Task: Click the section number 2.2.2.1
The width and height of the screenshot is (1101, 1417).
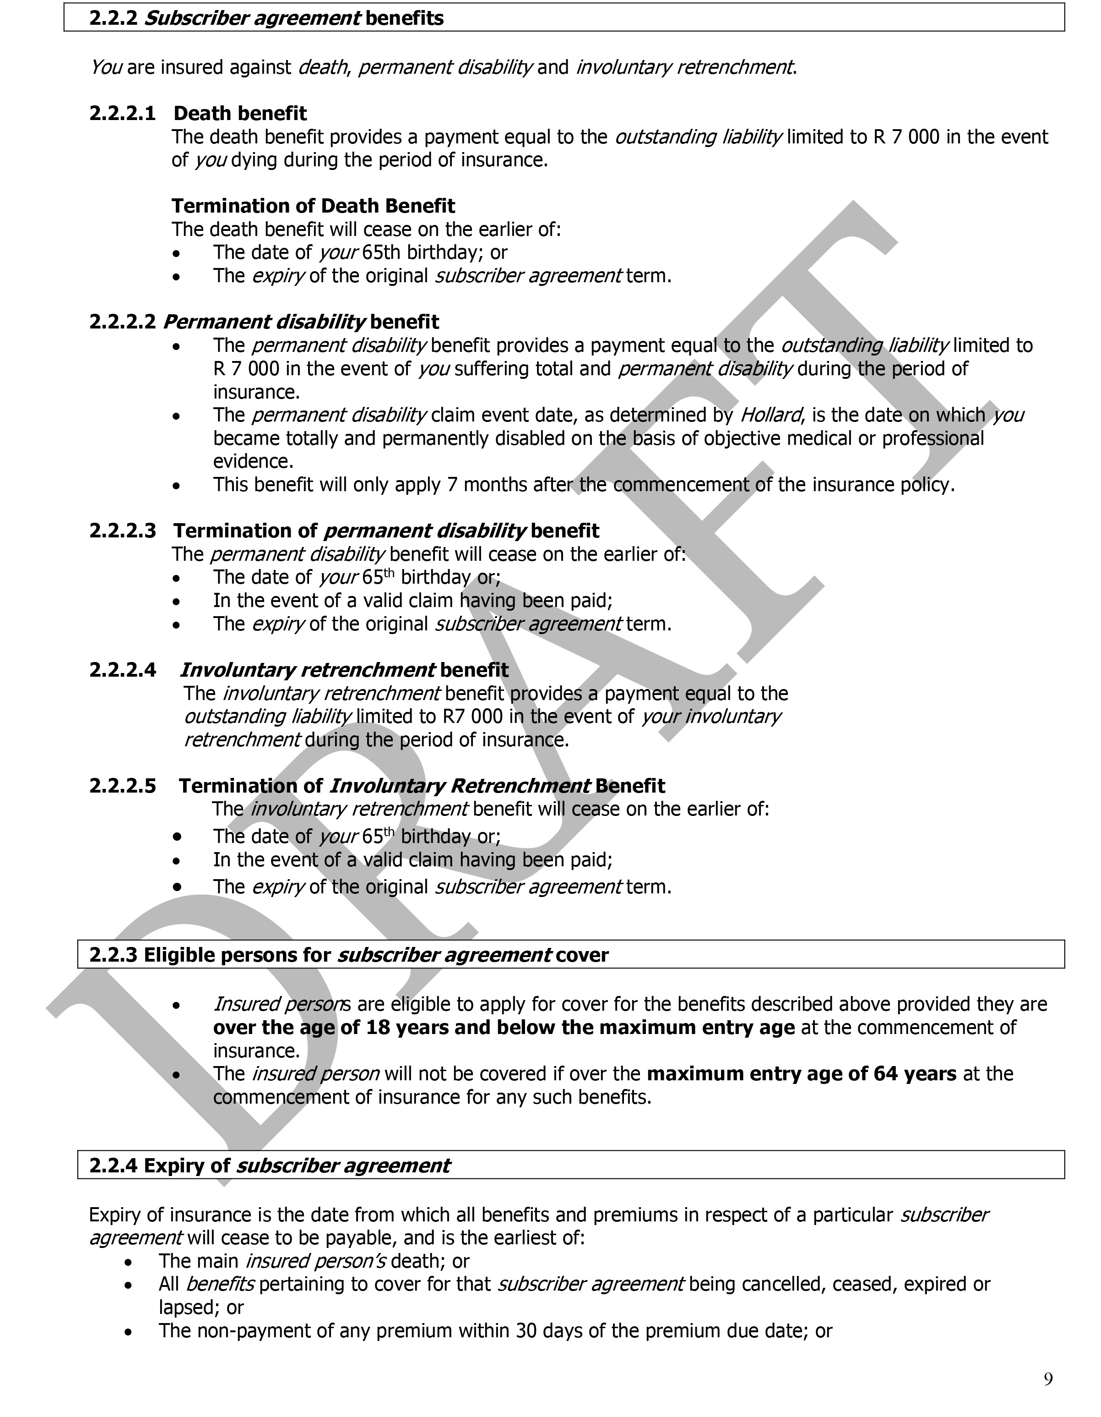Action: pos(123,114)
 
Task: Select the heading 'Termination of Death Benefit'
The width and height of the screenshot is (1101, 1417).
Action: pos(313,206)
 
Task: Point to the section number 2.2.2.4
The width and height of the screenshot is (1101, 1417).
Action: pos(123,670)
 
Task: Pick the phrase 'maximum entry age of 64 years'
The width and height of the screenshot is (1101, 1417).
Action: pos(802,1074)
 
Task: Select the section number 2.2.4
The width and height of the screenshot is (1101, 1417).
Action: pos(114,1166)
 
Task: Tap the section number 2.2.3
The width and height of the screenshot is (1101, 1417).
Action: pos(114,955)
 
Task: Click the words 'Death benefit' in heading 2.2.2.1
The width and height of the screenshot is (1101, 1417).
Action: pos(240,114)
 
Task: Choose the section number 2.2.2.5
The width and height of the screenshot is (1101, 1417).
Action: pos(123,786)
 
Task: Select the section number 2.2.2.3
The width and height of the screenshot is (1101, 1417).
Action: pos(123,531)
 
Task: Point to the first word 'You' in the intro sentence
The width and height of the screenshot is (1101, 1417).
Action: pos(106,67)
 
